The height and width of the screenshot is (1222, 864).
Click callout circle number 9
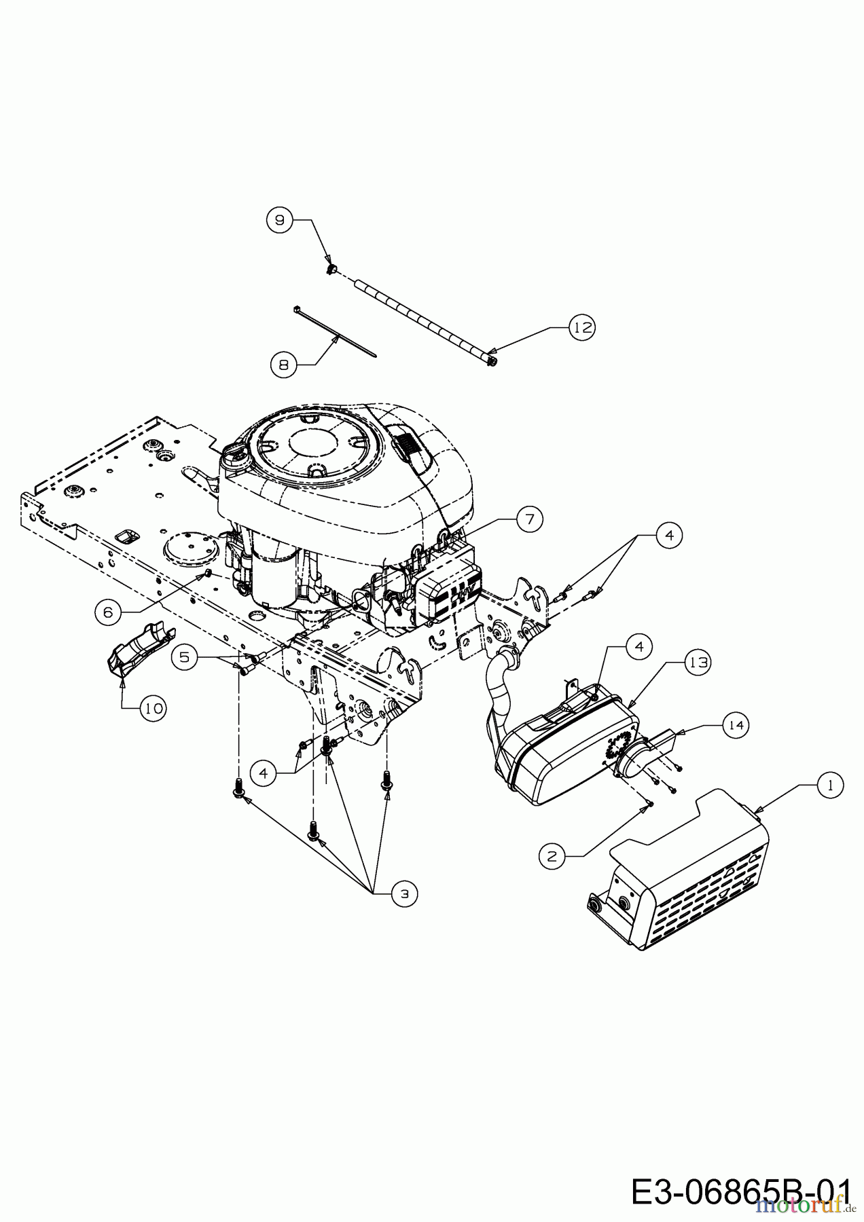pyautogui.click(x=278, y=220)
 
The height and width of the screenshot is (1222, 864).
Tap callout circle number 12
pyautogui.click(x=581, y=327)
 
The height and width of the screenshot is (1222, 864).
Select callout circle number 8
pyautogui.click(x=283, y=365)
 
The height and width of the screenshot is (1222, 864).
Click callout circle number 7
pyautogui.click(x=529, y=519)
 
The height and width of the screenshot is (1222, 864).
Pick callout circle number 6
pyautogui.click(x=107, y=612)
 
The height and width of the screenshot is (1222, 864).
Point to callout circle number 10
pyautogui.click(x=153, y=709)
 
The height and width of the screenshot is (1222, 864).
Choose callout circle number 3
pyautogui.click(x=405, y=894)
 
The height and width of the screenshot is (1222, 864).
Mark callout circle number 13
pyautogui.click(x=697, y=662)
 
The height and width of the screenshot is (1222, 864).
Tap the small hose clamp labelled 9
pyautogui.click(x=331, y=269)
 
